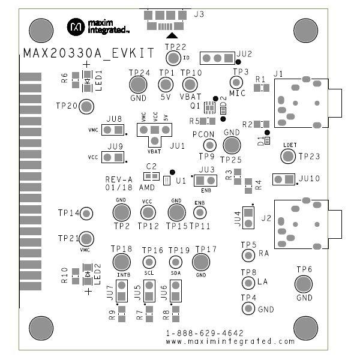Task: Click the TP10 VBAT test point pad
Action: click(190, 85)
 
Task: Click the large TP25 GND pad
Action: click(232, 145)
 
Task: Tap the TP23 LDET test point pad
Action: click(288, 156)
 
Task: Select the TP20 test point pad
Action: click(86, 106)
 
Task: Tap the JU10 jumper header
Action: click(283, 179)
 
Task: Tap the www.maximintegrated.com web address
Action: click(230, 341)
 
